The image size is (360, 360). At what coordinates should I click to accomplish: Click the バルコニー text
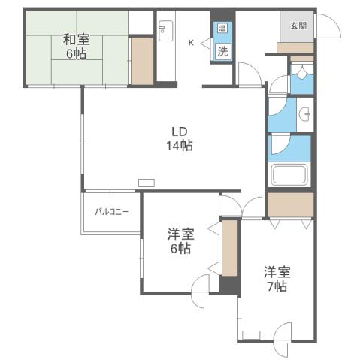(x=111, y=212)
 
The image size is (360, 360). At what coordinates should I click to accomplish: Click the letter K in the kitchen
(x=191, y=43)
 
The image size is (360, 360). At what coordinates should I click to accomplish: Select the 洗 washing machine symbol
(x=222, y=51)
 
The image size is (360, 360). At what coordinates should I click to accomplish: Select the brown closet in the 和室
(x=141, y=60)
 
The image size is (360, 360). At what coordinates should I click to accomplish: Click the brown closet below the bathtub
(x=290, y=204)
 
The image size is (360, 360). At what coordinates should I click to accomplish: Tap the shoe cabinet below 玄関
(x=295, y=48)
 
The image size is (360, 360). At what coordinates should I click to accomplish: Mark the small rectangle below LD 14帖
(x=147, y=182)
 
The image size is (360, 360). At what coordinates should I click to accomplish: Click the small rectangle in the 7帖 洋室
(x=250, y=333)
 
